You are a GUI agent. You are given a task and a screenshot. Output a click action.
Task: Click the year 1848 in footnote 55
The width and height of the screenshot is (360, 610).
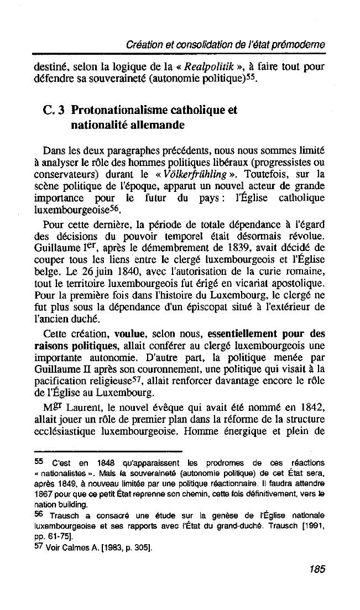click(x=105, y=462)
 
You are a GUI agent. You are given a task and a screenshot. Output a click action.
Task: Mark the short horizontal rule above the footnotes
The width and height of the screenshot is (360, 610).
click(x=108, y=451)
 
